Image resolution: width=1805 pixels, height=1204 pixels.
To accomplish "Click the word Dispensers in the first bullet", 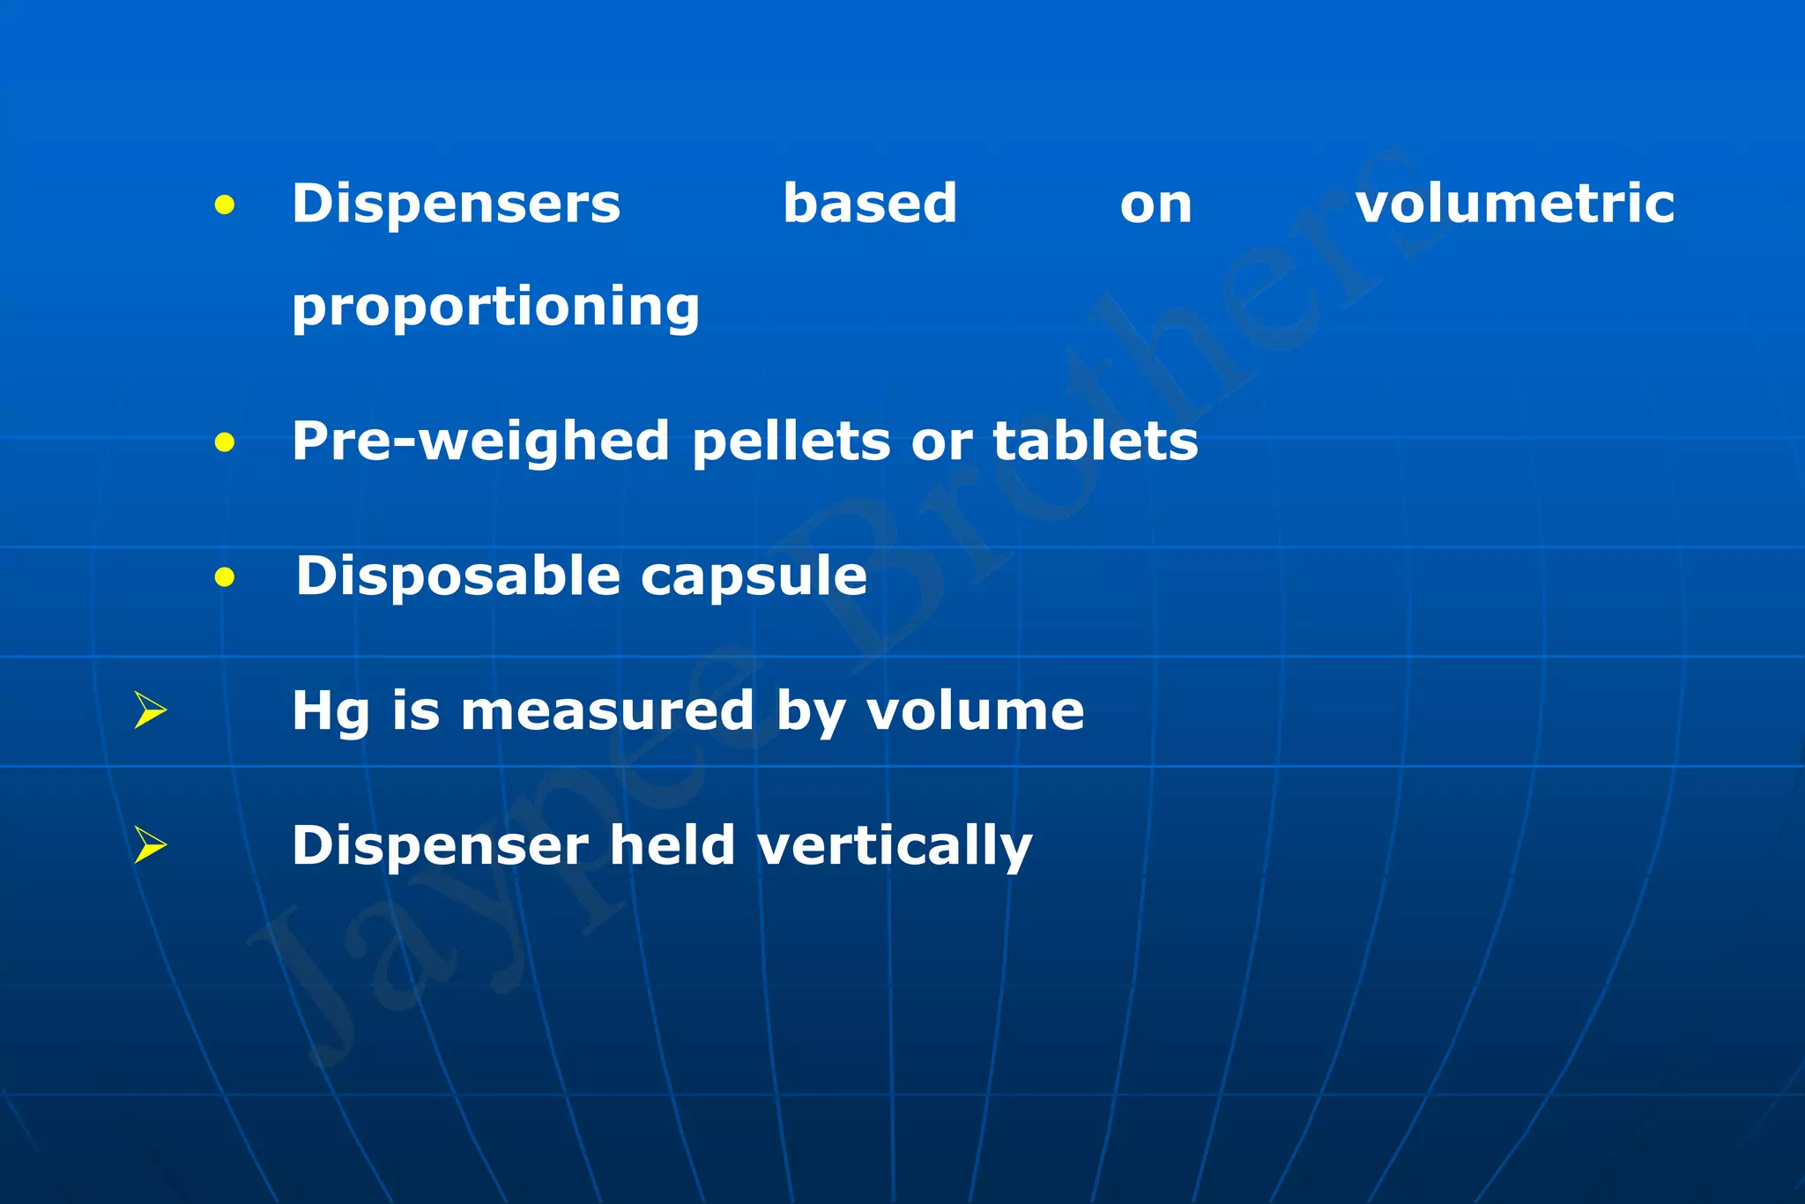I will pyautogui.click(x=456, y=204).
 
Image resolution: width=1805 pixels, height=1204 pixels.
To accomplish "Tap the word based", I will pyautogui.click(x=869, y=204).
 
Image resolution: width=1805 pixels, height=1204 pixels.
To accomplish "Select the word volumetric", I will pyautogui.click(x=1514, y=204).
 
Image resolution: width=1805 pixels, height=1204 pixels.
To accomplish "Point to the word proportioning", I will pyautogui.click(x=495, y=308).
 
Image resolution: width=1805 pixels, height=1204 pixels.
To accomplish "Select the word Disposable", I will pyautogui.click(x=458, y=576).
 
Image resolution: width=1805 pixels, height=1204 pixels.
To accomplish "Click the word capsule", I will pyautogui.click(x=754, y=576).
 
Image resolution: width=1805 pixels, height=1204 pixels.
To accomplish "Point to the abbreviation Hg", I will pyautogui.click(x=331, y=712).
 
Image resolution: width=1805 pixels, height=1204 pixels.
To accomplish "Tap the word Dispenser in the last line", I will pyautogui.click(x=440, y=846).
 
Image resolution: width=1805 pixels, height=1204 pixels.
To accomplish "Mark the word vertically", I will pyautogui.click(x=895, y=846).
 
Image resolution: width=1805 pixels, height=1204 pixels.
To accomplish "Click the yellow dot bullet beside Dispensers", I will pyautogui.click(x=225, y=205).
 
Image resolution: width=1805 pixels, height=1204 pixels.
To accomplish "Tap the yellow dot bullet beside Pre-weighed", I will pyautogui.click(x=225, y=442).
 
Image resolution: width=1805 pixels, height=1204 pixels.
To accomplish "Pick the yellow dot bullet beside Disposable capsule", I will pyautogui.click(x=225, y=578).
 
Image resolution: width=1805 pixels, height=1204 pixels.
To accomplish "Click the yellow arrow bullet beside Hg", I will pyautogui.click(x=150, y=710).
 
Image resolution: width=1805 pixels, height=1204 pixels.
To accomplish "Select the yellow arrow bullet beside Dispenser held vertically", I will pyautogui.click(x=150, y=844).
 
